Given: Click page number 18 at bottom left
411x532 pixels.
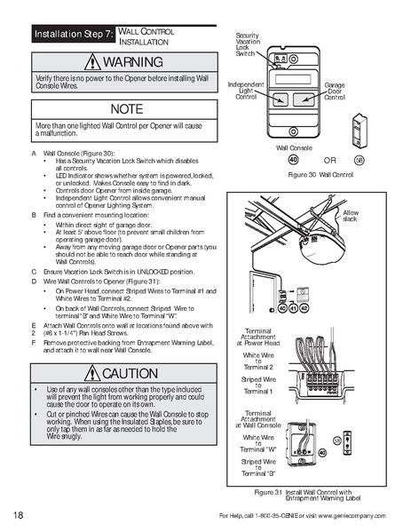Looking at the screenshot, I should click(x=19, y=516).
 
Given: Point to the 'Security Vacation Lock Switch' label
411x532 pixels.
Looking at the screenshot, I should click(x=247, y=44).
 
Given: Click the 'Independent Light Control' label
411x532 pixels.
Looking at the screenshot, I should click(x=246, y=90).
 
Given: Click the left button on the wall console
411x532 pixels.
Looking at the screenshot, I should click(x=281, y=99).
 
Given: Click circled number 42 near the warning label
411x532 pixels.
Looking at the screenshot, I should click(x=304, y=309).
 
